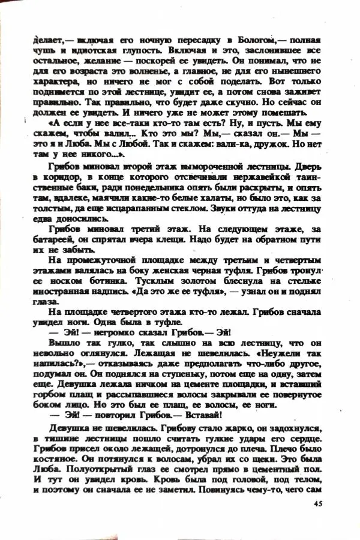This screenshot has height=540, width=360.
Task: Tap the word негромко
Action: [107, 334]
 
